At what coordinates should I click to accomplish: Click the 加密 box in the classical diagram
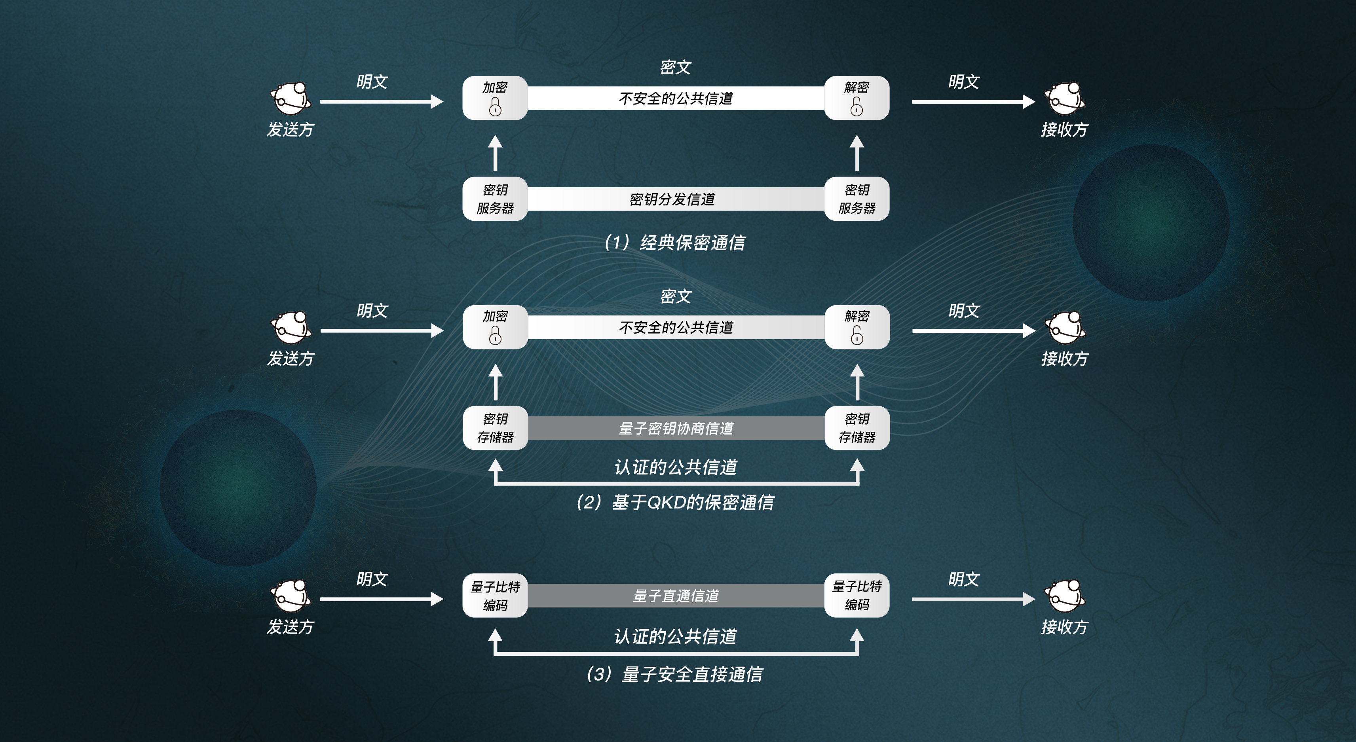pyautogui.click(x=495, y=98)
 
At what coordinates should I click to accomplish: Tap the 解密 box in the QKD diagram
pyautogui.click(x=857, y=327)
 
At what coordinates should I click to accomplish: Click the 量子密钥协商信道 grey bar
pyautogui.click(x=676, y=428)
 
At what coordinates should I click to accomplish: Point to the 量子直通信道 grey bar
pyautogui.click(x=676, y=595)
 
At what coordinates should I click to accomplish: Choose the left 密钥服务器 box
pyautogui.click(x=495, y=199)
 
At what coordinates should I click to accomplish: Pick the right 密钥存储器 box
pyautogui.click(x=857, y=428)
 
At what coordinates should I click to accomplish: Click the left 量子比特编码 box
pyautogui.click(x=495, y=595)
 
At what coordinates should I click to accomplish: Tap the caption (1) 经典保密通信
pyautogui.click(x=675, y=243)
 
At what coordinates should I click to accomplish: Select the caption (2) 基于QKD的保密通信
pyautogui.click(x=675, y=502)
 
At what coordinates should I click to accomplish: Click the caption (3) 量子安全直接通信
pyautogui.click(x=675, y=674)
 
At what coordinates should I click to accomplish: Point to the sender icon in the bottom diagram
pyautogui.click(x=291, y=595)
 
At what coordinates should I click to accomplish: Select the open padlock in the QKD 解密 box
pyautogui.click(x=857, y=336)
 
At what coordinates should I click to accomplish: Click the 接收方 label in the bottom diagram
pyautogui.click(x=1064, y=627)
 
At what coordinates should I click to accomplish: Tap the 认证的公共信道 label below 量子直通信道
pyautogui.click(x=675, y=636)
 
